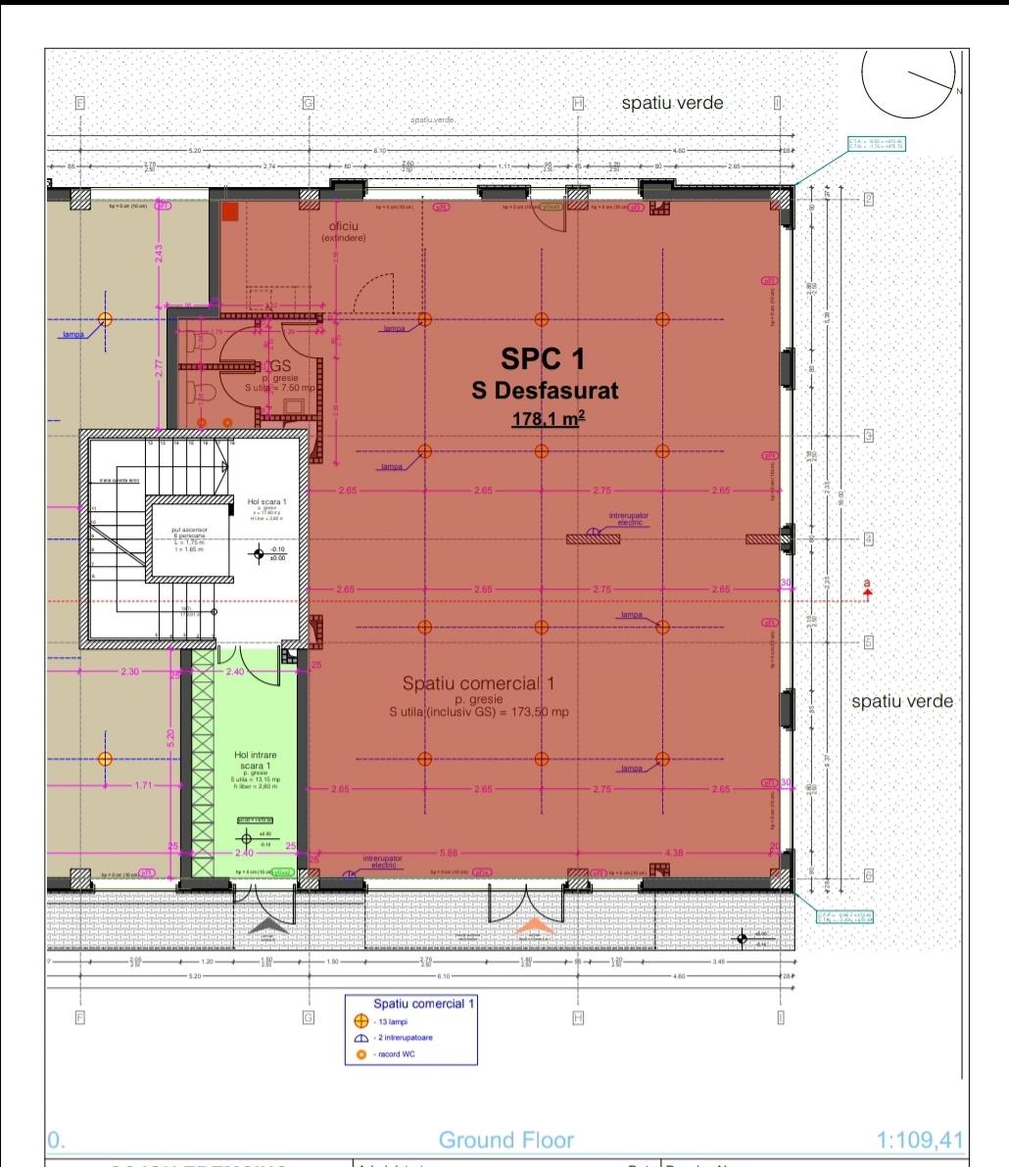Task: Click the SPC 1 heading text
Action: click(543, 358)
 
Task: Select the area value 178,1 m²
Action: click(548, 419)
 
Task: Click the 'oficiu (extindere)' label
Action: click(343, 232)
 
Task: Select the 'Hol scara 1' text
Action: click(266, 500)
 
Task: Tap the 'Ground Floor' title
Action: click(505, 1140)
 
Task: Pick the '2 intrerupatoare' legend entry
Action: click(404, 1038)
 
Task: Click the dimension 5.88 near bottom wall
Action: click(450, 852)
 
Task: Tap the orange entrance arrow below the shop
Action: click(534, 926)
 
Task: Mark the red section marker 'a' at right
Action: click(866, 587)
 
